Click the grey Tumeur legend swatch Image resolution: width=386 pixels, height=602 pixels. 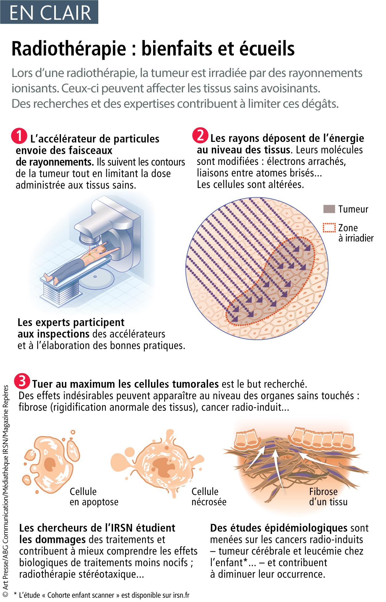[x=329, y=210]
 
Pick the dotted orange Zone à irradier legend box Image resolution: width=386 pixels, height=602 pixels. [x=329, y=228]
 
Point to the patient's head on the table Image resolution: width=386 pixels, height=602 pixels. [x=105, y=244]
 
